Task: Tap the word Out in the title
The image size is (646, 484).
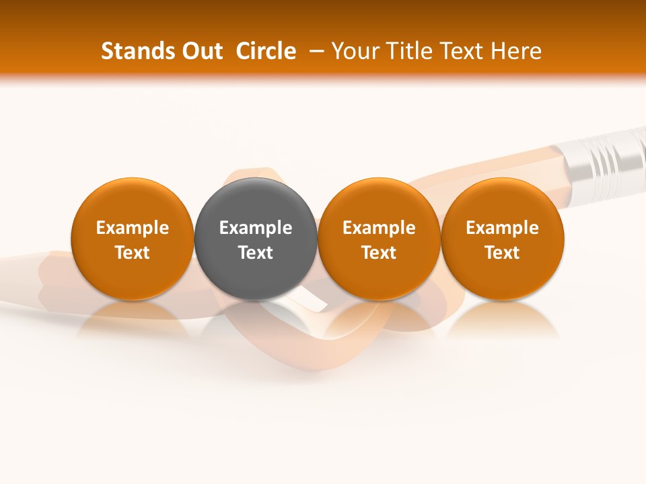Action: tap(201, 51)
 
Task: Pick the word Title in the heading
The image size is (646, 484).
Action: tap(408, 51)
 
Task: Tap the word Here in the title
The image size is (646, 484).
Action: tap(516, 51)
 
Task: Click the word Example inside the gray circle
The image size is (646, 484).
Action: tap(256, 228)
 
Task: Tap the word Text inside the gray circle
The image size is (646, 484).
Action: tap(256, 253)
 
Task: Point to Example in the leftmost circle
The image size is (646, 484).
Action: tap(133, 228)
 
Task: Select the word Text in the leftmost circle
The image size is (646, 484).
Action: tap(133, 253)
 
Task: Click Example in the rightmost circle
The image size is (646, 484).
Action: tap(503, 228)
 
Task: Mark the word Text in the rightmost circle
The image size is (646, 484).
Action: tap(503, 253)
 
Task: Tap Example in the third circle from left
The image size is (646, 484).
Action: tap(379, 228)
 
